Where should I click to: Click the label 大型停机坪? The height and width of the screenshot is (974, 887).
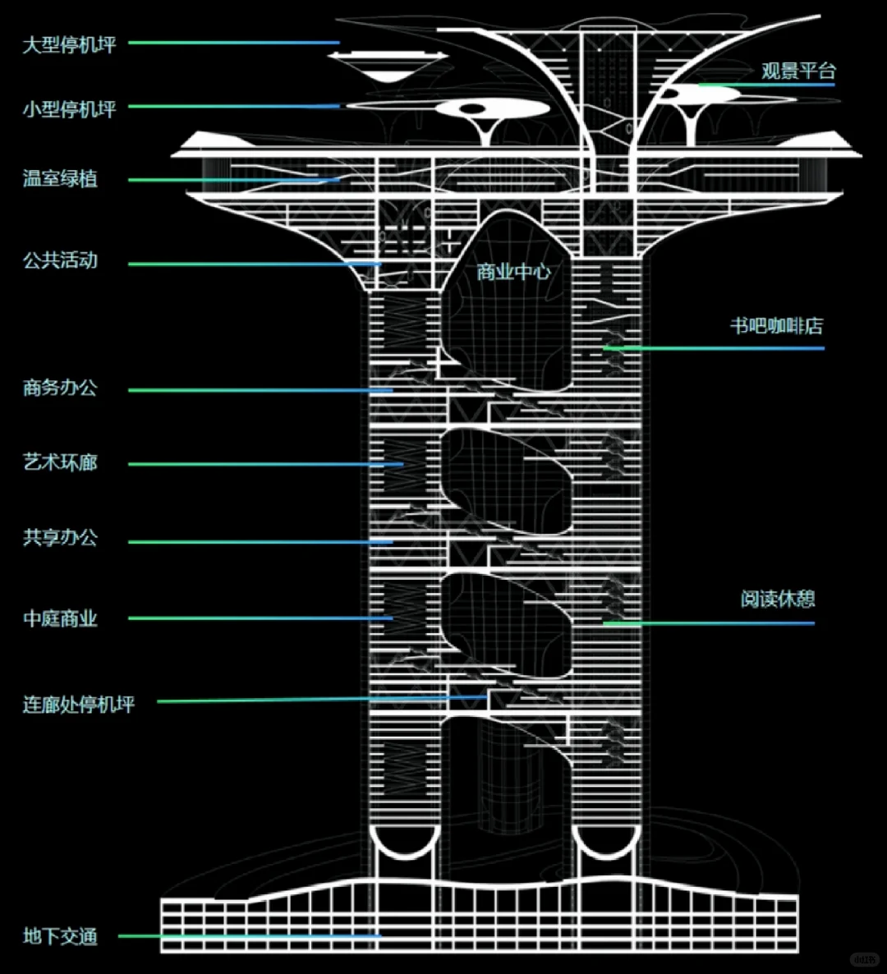click(x=69, y=44)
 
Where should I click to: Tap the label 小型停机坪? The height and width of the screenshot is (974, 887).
click(x=69, y=109)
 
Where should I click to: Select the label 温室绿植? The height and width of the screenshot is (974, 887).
click(x=60, y=178)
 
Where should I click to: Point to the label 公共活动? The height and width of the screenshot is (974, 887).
click(x=60, y=260)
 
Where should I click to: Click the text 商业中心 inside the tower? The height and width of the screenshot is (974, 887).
click(x=513, y=272)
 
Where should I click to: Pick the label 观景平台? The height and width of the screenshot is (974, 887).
click(x=797, y=71)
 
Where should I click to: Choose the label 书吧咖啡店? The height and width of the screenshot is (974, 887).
click(x=776, y=326)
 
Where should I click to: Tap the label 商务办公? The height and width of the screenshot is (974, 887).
click(x=60, y=388)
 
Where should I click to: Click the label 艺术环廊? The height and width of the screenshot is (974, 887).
click(x=60, y=462)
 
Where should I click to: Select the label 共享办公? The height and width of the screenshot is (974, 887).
click(x=60, y=538)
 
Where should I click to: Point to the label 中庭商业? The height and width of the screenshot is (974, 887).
click(x=60, y=618)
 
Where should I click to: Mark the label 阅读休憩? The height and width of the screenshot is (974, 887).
click(x=777, y=599)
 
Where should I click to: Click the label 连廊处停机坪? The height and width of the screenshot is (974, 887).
click(x=79, y=705)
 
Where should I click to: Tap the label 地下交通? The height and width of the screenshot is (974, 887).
click(x=60, y=936)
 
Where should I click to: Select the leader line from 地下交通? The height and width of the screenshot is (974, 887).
click(x=246, y=935)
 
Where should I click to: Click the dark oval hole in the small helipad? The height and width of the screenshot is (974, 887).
click(x=471, y=108)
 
